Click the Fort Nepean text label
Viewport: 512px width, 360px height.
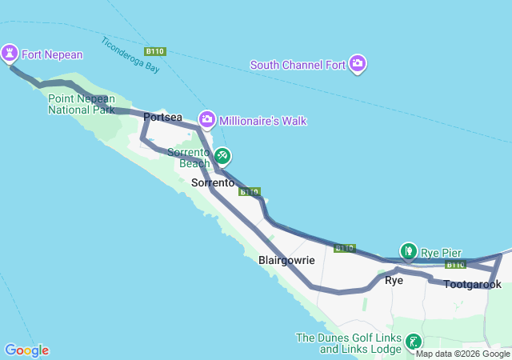tap(52, 54)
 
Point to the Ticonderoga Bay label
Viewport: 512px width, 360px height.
tap(130, 55)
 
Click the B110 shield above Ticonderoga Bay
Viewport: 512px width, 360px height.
tap(155, 51)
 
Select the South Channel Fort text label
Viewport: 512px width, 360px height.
tap(298, 64)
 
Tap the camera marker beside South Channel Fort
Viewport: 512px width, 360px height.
tap(357, 63)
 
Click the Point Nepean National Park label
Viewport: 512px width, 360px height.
tap(81, 104)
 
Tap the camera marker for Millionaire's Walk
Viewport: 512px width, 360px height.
tap(207, 120)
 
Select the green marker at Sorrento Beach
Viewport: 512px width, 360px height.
tap(222, 155)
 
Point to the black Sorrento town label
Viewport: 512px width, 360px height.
tap(214, 183)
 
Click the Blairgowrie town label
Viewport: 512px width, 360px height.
tap(287, 260)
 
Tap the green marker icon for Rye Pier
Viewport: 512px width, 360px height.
tap(409, 252)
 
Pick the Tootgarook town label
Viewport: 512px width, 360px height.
tap(472, 284)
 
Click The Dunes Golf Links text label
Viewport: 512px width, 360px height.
tap(347, 343)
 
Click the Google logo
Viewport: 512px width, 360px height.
tap(26, 350)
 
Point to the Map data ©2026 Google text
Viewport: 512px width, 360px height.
tap(462, 354)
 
